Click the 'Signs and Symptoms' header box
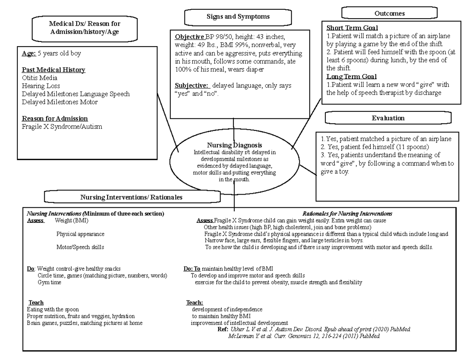(x=238, y=17)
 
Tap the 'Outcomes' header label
(x=389, y=14)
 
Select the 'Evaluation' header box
(x=388, y=118)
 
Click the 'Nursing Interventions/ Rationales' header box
(x=131, y=197)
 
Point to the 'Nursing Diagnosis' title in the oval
(x=234, y=145)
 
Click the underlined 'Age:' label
(x=29, y=54)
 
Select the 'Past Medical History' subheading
(x=53, y=70)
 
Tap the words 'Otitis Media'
(x=40, y=78)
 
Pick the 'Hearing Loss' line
(x=41, y=86)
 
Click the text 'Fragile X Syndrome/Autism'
(x=62, y=127)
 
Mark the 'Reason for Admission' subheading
(x=55, y=118)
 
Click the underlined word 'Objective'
(x=190, y=37)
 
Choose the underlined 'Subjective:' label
(x=192, y=85)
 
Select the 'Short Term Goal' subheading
(x=352, y=28)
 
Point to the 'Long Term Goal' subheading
(x=351, y=77)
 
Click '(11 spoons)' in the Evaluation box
(x=415, y=147)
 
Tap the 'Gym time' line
(x=49, y=282)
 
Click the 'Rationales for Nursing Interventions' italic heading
(x=347, y=214)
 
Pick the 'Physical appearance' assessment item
(x=80, y=234)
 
